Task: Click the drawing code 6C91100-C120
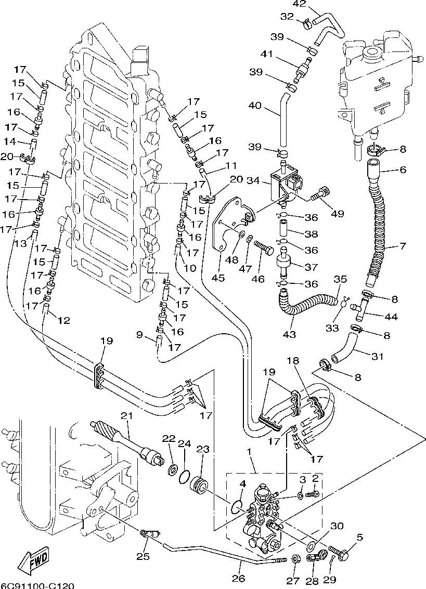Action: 38,585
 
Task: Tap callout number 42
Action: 299,4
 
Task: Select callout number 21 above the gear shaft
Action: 127,416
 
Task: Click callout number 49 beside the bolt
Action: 337,214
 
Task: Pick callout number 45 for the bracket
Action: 218,278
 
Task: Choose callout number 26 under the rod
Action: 238,578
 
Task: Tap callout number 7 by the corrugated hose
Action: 403,246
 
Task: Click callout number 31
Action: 377,356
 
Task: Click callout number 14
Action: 10,141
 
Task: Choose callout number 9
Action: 139,334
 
